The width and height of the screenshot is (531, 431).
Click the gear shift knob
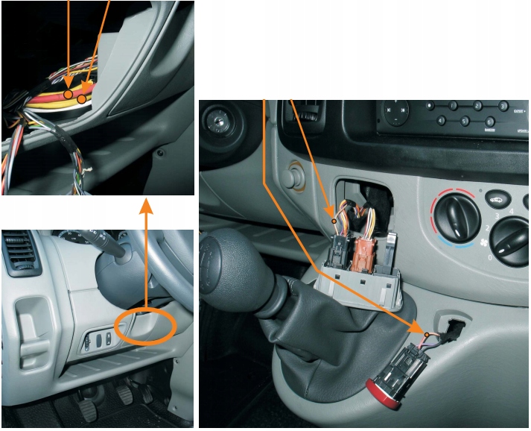pyautogui.click(x=234, y=268)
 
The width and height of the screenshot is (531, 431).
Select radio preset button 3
pyautogui.click(x=503, y=107)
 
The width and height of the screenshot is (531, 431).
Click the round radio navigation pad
pyautogui.click(x=395, y=113)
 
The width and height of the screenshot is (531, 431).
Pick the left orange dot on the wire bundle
pyautogui.click(x=69, y=95)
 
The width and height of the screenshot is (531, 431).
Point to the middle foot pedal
pyautogui.click(x=124, y=394)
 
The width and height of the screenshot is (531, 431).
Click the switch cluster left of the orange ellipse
pyautogui.click(x=98, y=339)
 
